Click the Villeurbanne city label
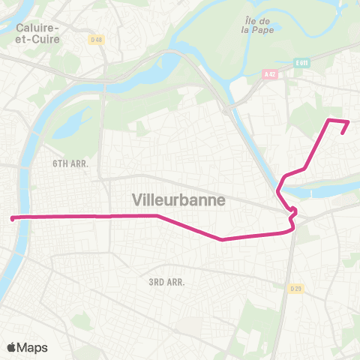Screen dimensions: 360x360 pyautogui.click(x=178, y=200)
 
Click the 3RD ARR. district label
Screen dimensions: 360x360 pyautogui.click(x=166, y=282)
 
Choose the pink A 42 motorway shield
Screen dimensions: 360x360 pyautogui.click(x=270, y=74)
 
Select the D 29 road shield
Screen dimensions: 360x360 pyautogui.click(x=298, y=289)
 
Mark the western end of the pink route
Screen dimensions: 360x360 pyautogui.click(x=12, y=218)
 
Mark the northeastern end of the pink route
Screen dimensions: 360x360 pyautogui.click(x=343, y=133)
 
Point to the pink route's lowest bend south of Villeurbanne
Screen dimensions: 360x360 pyautogui.click(x=222, y=240)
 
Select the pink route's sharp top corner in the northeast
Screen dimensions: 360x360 pyautogui.click(x=328, y=119)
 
